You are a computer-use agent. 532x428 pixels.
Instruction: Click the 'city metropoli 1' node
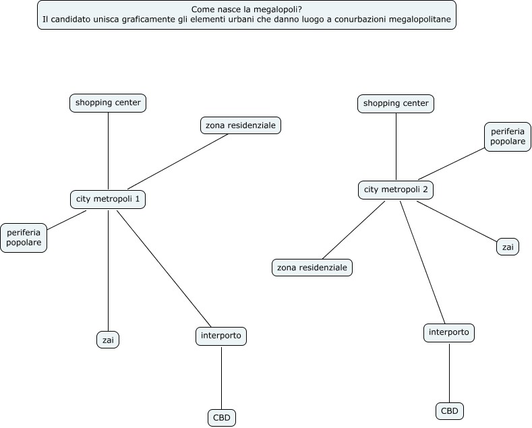coord(108,200)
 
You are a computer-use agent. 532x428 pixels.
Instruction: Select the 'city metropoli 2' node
coord(396,190)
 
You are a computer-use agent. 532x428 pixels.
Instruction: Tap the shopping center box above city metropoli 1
coord(108,103)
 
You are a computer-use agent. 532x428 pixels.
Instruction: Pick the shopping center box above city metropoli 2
coord(396,104)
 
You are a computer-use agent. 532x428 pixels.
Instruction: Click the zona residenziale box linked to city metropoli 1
coord(241,125)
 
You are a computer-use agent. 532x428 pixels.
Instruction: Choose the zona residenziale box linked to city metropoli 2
coord(312,268)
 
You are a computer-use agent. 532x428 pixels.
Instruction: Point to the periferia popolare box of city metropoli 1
coord(24,238)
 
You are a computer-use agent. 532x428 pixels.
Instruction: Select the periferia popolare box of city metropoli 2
coord(508,137)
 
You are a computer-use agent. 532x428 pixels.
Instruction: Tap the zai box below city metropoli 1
coord(108,340)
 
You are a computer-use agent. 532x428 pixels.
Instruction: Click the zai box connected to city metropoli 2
coord(508,247)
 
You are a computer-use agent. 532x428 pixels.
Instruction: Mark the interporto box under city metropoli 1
coord(221,336)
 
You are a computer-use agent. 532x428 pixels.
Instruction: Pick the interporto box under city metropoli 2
coord(449,333)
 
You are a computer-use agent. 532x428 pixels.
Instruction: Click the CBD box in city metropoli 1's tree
coord(222,418)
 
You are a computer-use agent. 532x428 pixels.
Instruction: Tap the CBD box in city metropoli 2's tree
coord(450,411)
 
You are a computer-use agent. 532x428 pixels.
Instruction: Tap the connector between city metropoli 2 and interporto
coord(422,262)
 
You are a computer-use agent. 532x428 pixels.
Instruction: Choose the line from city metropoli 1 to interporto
coord(164,269)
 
